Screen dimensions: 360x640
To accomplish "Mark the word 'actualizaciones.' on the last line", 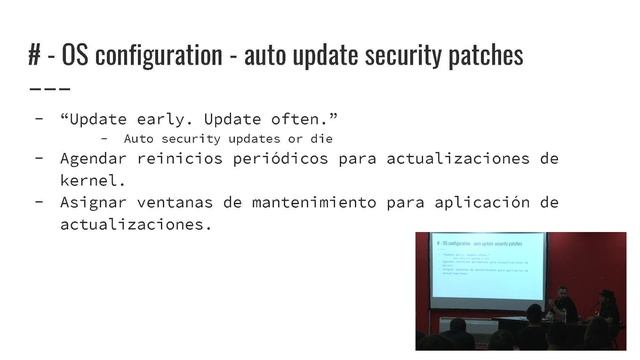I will (x=136, y=225).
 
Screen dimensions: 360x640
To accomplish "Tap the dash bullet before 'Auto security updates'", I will (x=105, y=139).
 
